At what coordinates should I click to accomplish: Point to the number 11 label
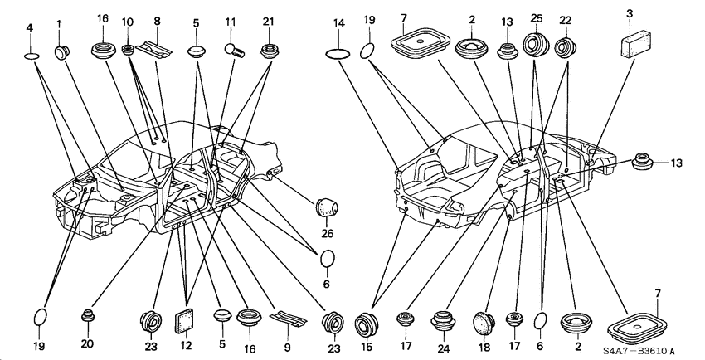click(x=231, y=21)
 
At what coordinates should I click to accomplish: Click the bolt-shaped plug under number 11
click(x=234, y=49)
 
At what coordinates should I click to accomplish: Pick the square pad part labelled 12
click(x=184, y=321)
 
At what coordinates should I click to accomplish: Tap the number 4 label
click(x=30, y=27)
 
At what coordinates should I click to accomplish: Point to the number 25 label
click(x=537, y=18)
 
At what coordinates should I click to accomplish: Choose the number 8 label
click(x=157, y=21)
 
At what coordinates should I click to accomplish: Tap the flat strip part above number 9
click(x=288, y=319)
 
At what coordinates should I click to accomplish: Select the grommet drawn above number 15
click(x=367, y=324)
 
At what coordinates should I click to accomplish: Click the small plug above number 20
click(x=87, y=316)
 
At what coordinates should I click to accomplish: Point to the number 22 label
click(x=565, y=21)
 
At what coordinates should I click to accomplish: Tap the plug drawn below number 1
click(x=61, y=52)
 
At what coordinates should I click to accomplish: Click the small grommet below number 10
click(x=128, y=49)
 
